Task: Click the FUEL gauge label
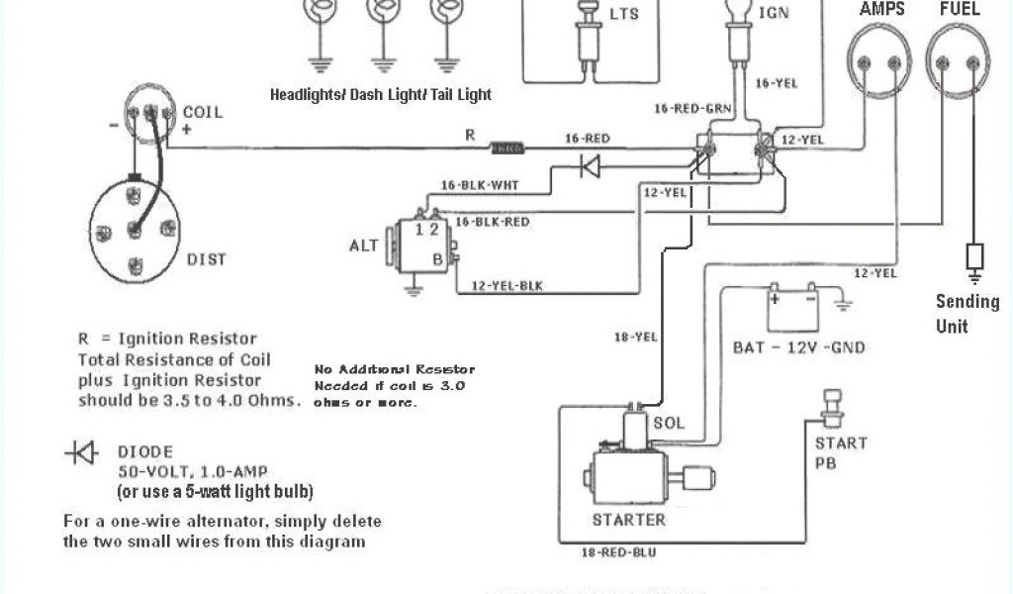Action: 960,9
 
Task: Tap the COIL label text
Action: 203,112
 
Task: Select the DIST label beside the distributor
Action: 206,259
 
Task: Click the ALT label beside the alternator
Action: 365,245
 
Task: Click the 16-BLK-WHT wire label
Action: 478,184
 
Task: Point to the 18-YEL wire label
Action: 635,338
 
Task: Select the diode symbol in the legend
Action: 81,453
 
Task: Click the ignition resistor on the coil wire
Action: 507,149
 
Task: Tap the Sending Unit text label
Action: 967,313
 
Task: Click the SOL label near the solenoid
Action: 668,423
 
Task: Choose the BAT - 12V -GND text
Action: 798,347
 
